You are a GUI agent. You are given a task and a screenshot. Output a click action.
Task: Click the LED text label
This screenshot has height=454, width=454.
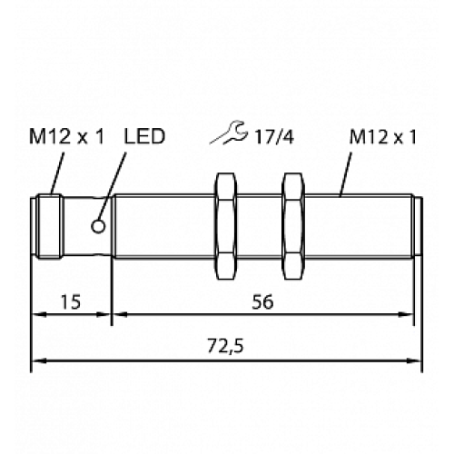(x=143, y=137)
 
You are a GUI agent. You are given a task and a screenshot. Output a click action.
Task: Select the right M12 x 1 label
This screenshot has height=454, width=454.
(x=381, y=137)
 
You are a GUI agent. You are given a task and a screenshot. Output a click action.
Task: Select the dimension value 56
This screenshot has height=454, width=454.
(x=264, y=302)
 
